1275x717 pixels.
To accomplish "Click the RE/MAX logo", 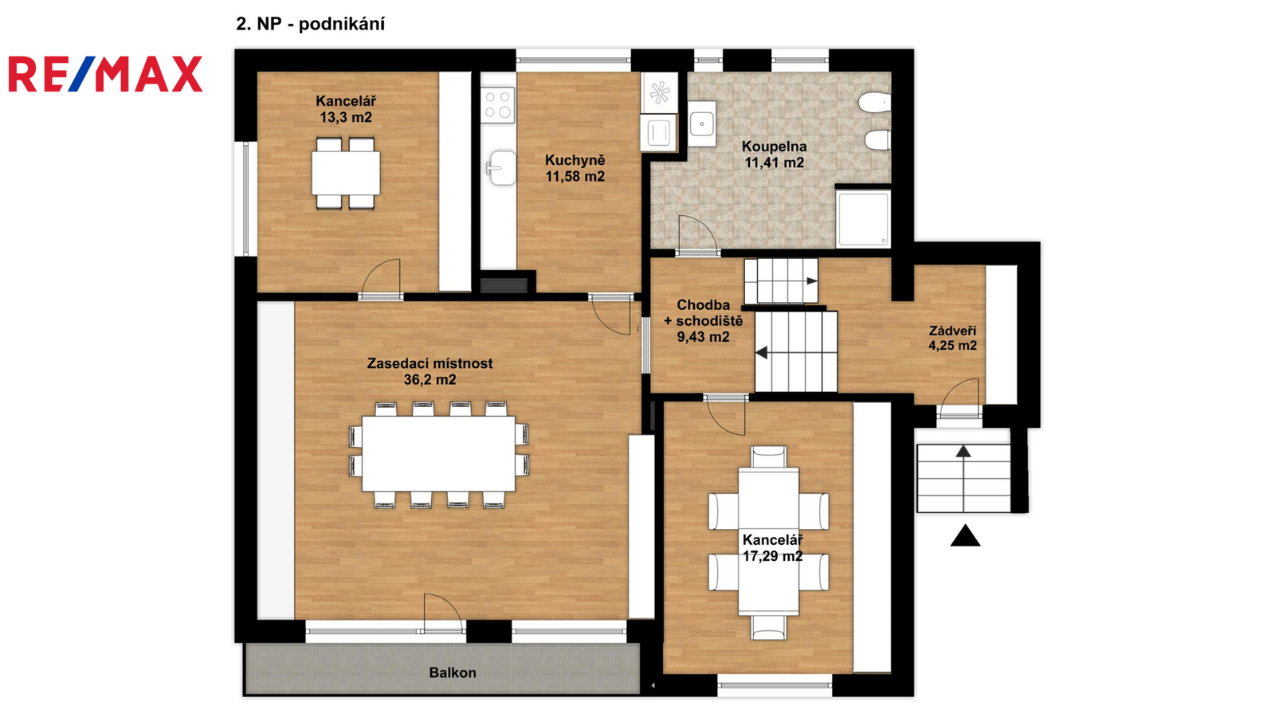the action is tap(105, 74).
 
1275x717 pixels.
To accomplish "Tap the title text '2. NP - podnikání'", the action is tap(311, 24).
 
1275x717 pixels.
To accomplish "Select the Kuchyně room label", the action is tap(575, 168).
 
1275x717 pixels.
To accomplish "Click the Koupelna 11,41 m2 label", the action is tap(774, 155).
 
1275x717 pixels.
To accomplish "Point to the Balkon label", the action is tap(453, 672).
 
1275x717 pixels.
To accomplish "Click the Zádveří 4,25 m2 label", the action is tap(953, 338).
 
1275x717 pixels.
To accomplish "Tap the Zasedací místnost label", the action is tap(430, 371).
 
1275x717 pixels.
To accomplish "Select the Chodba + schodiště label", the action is tap(704, 321).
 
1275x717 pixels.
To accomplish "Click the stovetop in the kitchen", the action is tap(497, 104).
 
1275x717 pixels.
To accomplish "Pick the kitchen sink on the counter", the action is tap(501, 168).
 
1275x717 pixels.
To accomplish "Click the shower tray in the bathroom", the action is tap(863, 219).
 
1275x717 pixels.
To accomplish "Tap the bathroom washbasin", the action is tap(701, 123).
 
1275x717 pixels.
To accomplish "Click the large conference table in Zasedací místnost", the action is tap(438, 453).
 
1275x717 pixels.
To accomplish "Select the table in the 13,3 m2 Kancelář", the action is tap(346, 173).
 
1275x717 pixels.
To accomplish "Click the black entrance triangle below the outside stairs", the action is tap(965, 536).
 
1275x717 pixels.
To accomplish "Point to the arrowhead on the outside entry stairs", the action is tap(963, 451).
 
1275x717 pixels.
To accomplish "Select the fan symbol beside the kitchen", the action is tap(660, 92).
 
